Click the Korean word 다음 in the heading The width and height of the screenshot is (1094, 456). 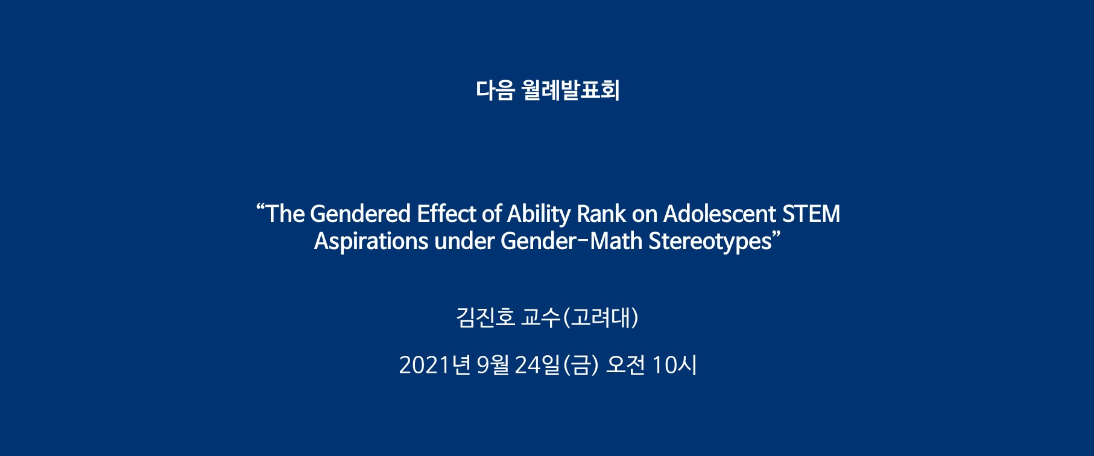pos(495,90)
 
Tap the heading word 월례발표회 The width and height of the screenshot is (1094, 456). pos(571,90)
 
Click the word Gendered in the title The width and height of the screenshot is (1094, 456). pos(360,214)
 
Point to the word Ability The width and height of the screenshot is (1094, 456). pos(539,215)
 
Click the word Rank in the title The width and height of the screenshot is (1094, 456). pos(601,214)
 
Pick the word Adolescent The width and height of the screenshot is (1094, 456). pos(719,214)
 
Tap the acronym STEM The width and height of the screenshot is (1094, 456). pos(811,214)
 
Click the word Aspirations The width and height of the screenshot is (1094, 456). pos(371,242)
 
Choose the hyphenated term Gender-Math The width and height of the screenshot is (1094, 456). pos(571,241)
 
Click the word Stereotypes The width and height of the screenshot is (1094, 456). pos(710,242)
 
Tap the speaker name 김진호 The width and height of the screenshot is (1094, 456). pos(485,317)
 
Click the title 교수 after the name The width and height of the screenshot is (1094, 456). pos(541,317)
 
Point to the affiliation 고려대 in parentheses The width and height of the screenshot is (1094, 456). pos(601,317)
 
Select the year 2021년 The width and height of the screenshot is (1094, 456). pos(434,365)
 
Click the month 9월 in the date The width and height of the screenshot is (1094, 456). pos(493,365)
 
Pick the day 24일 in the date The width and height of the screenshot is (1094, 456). pos(537,365)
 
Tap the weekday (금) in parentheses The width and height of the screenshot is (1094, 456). pos(580,365)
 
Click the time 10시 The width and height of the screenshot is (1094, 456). pos(674,365)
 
